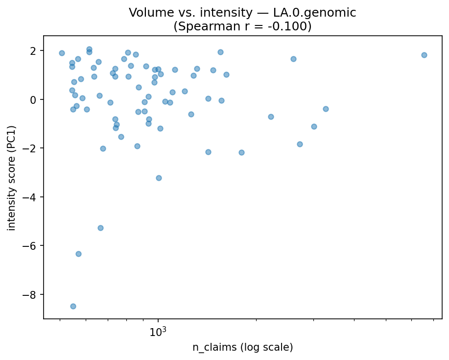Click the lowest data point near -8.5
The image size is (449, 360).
click(x=73, y=306)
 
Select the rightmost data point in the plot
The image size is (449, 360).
click(x=424, y=55)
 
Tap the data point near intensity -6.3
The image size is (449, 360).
click(x=78, y=254)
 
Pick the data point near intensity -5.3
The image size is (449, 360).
click(x=100, y=228)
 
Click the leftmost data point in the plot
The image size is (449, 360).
click(x=62, y=53)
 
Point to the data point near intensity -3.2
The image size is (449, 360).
click(x=159, y=178)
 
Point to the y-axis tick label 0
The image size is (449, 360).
click(x=36, y=99)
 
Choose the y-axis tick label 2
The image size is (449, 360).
click(x=36, y=51)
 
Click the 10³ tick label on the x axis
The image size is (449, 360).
click(x=158, y=332)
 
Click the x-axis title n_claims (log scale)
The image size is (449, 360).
click(x=242, y=348)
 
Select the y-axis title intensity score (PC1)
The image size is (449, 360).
click(x=11, y=177)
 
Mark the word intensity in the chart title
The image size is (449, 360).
click(x=220, y=13)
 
